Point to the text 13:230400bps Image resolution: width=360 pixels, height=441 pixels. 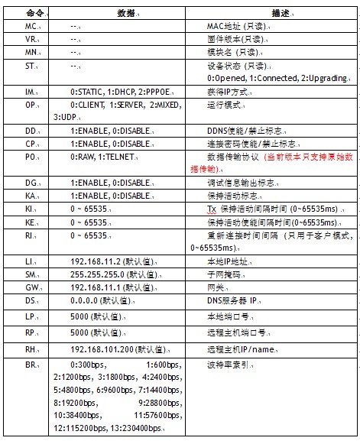click(x=135, y=430)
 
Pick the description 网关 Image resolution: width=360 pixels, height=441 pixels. click(x=216, y=286)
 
